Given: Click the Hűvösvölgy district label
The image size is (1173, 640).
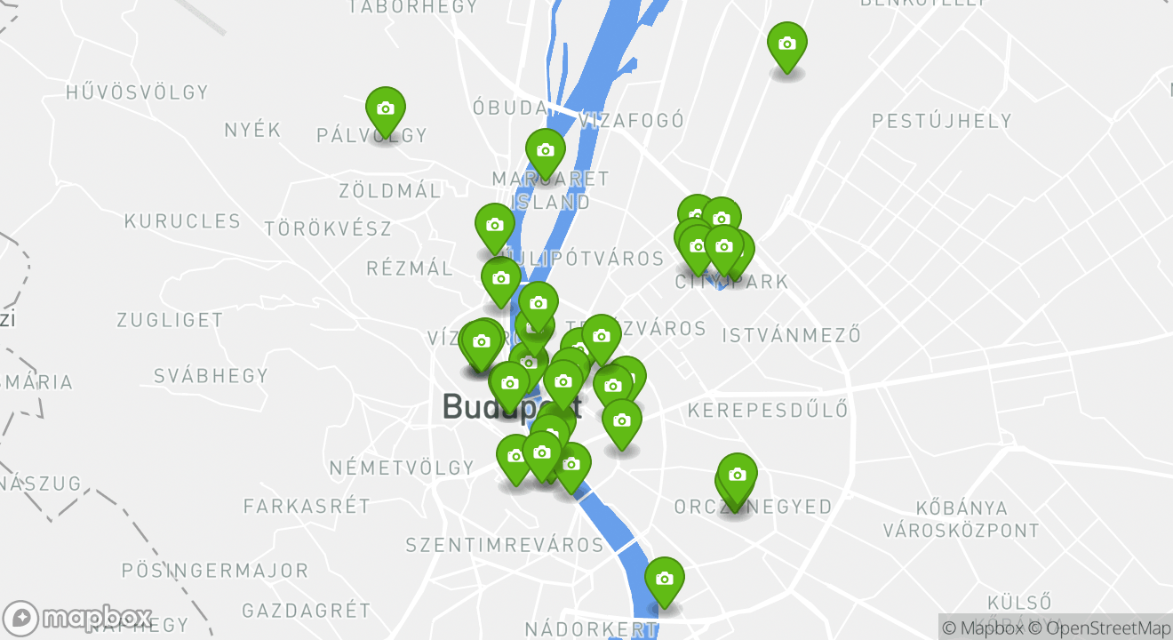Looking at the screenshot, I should coord(137,92).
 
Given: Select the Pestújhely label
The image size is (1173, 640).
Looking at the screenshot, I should coord(942,121).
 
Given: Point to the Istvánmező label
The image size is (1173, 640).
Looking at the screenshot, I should coord(792,335).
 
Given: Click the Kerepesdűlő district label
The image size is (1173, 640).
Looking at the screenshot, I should coord(768,411).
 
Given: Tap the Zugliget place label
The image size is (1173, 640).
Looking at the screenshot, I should coord(170,320).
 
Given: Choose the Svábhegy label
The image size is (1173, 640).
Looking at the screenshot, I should coord(211,375).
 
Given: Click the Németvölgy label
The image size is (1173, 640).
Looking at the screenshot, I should coord(402,468).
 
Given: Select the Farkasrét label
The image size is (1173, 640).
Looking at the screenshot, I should coord(307,507).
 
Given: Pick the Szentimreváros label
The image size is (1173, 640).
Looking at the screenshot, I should coord(505,544).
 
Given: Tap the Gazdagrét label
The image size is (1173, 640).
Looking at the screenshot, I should coord(306,611).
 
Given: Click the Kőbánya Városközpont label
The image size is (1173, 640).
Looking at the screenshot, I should coord(961,519).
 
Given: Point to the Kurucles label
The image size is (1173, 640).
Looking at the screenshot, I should coord(182,221).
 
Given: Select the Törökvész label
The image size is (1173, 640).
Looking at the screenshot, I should coord(328,228).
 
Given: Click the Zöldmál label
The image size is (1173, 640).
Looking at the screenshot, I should coord(389,191).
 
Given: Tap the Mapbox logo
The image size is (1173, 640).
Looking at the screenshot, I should coord(78,618).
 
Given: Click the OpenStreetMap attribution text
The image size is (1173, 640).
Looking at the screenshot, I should coord(1100,628).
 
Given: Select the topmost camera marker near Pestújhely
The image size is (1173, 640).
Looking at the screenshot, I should coord(786,44).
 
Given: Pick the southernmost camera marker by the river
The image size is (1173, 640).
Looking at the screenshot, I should coord(664,580).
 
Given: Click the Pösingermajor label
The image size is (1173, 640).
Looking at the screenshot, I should coord(214,571).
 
